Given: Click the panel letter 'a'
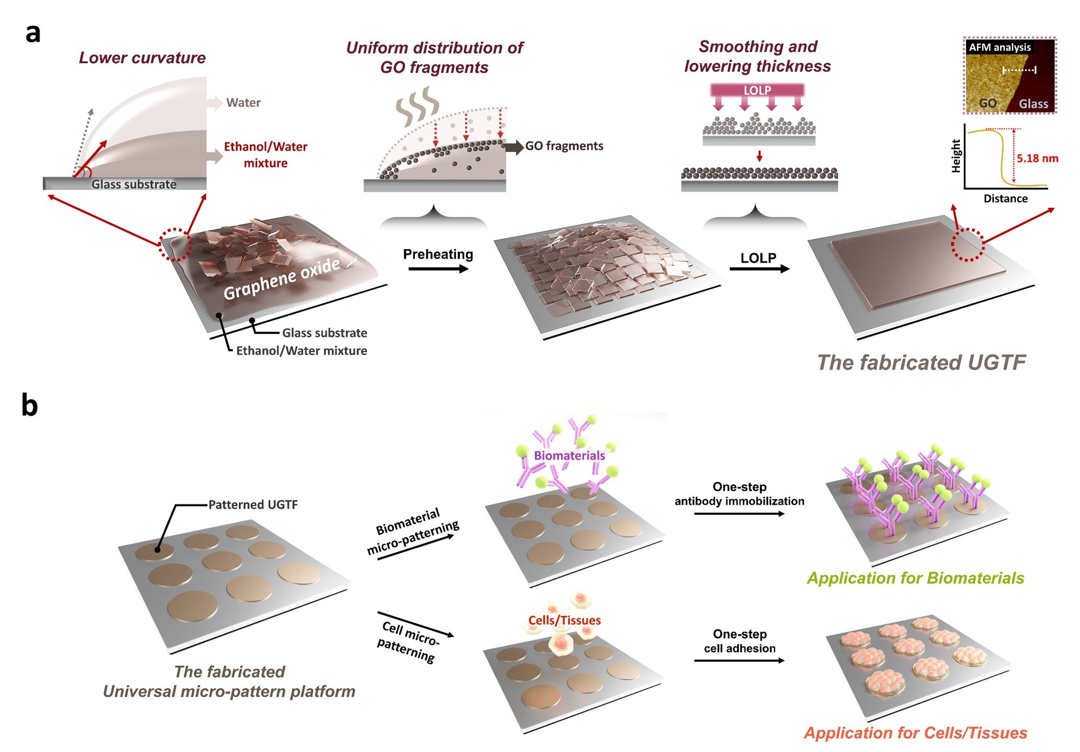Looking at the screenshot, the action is tap(33, 33).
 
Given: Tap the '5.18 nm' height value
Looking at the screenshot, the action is tap(1037, 158).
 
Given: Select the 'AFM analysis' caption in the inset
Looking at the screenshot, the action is tap(999, 48).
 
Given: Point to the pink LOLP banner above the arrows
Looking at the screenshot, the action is tap(757, 90).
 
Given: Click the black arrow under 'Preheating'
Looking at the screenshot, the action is tap(438, 268).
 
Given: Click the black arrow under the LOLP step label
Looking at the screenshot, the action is tap(759, 268).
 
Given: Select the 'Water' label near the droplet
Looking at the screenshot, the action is tap(243, 103).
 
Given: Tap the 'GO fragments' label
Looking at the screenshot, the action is tap(564, 146).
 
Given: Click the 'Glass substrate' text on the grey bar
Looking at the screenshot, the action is tap(134, 184).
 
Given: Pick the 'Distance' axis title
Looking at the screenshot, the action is tap(1005, 198).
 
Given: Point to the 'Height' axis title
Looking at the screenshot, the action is tap(956, 156).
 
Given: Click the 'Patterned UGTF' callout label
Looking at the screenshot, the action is tap(253, 505).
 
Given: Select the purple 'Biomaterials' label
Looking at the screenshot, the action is tap(569, 455).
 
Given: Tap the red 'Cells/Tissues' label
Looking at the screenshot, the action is tap(565, 620).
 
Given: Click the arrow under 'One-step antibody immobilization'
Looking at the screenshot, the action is tap(739, 514).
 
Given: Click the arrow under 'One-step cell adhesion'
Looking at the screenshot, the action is tap(739, 660).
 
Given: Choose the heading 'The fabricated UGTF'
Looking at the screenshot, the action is tap(921, 362).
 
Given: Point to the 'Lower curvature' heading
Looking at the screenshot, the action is tap(142, 58).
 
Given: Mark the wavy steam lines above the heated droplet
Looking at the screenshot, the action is tap(418, 106).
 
